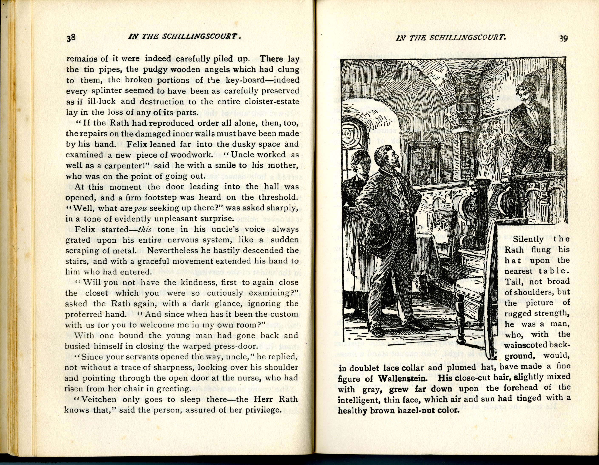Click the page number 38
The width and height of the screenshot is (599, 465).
click(71, 38)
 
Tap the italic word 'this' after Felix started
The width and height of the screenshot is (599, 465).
click(145, 229)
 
